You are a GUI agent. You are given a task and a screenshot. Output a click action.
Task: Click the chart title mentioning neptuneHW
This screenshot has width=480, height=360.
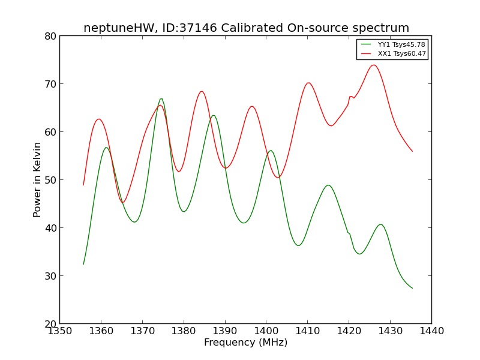click(x=246, y=28)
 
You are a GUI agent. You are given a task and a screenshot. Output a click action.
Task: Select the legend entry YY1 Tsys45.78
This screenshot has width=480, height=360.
click(x=401, y=45)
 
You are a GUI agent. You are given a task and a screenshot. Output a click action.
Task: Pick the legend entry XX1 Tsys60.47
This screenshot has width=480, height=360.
click(x=401, y=53)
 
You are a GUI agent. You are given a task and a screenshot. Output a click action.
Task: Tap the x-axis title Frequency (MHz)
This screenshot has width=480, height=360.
click(x=245, y=343)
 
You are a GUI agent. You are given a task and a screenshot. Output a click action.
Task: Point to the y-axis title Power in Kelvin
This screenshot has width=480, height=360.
click(x=37, y=179)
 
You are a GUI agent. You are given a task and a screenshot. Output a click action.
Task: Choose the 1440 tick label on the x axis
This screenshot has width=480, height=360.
click(x=431, y=331)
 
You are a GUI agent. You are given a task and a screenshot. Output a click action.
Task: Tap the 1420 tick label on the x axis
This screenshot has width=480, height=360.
click(x=349, y=331)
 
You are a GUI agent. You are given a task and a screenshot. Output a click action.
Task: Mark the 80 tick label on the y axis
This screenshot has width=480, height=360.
click(x=50, y=36)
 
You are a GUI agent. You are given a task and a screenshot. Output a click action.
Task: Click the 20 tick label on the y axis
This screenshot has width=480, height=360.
click(x=50, y=324)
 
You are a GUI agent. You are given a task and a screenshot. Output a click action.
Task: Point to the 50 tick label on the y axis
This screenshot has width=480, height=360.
click(x=50, y=180)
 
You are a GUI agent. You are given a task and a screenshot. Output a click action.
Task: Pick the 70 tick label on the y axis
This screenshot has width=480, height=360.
click(x=50, y=84)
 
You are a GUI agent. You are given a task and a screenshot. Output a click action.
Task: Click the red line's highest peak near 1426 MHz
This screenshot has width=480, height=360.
click(x=373, y=65)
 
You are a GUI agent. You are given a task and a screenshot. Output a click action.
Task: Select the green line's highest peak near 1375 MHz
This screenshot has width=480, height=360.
click(x=161, y=98)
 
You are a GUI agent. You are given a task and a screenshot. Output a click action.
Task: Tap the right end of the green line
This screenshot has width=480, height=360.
click(x=412, y=288)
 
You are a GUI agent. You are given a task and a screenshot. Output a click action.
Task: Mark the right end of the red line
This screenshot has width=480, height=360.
click(x=412, y=151)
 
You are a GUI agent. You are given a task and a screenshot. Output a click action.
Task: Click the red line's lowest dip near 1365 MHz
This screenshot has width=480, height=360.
click(x=123, y=202)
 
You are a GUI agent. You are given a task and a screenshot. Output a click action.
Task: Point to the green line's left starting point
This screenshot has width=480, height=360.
click(x=83, y=264)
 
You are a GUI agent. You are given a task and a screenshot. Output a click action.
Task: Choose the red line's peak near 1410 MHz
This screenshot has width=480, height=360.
click(x=308, y=83)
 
